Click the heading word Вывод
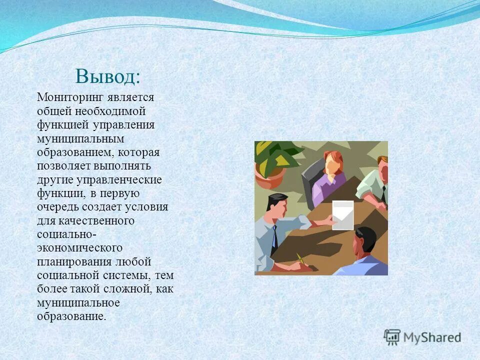click(107, 76)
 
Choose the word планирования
click(74, 261)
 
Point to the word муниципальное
click(78, 302)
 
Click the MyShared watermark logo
click(422, 337)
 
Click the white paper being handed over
click(342, 215)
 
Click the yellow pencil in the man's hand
click(300, 258)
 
